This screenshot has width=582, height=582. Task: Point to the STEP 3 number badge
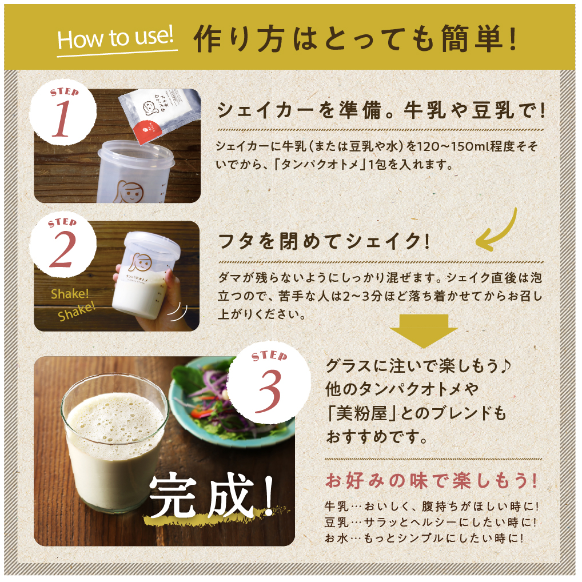click(x=269, y=383)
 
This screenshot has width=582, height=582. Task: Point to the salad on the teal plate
click(x=229, y=400)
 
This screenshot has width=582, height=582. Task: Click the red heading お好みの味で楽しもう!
click(x=432, y=481)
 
